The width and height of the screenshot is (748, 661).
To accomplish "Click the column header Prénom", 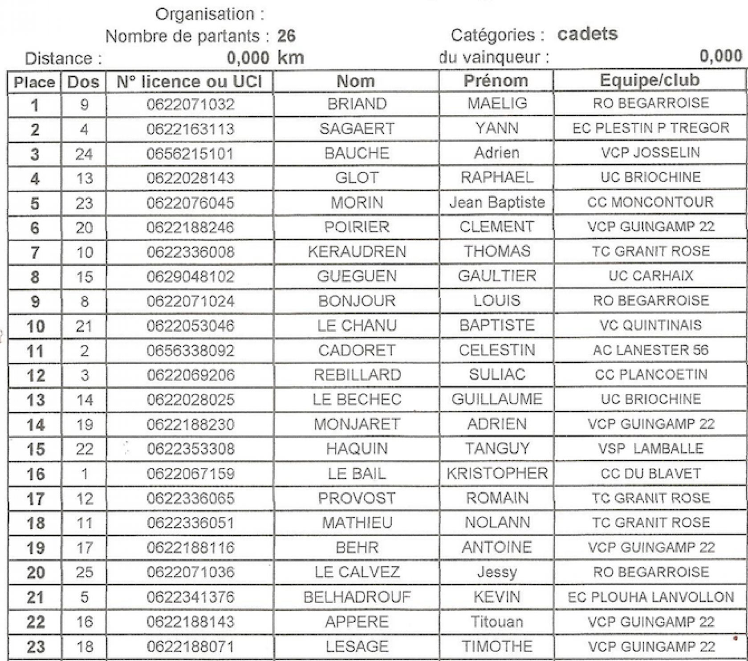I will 496,81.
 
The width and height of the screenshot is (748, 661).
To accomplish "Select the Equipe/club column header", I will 650,80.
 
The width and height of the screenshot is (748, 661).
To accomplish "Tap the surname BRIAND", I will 357,104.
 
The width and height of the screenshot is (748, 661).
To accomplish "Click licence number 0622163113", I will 191,129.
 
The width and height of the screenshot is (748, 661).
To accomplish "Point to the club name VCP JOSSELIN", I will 650,153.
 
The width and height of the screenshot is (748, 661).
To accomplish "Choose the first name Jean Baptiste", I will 497,203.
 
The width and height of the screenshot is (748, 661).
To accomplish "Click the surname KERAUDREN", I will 357,252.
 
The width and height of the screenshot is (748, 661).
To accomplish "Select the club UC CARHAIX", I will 651,276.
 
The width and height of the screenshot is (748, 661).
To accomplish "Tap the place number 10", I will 35,327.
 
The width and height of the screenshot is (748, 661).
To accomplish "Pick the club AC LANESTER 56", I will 650,350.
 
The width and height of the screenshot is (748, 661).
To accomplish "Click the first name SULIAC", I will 497,375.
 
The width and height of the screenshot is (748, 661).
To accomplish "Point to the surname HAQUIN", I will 357,449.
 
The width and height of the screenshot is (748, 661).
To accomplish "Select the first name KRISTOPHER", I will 497,474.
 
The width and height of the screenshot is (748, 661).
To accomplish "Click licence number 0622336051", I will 191,523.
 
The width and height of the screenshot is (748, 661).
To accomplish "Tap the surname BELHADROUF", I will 357,597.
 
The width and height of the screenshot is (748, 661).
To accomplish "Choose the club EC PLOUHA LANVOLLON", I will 650,597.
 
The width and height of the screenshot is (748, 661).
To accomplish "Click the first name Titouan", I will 497,622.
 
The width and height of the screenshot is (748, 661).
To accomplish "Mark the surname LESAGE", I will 357,647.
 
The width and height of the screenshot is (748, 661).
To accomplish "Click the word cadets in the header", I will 587,34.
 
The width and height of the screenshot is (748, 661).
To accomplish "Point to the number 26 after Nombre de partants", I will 286,36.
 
